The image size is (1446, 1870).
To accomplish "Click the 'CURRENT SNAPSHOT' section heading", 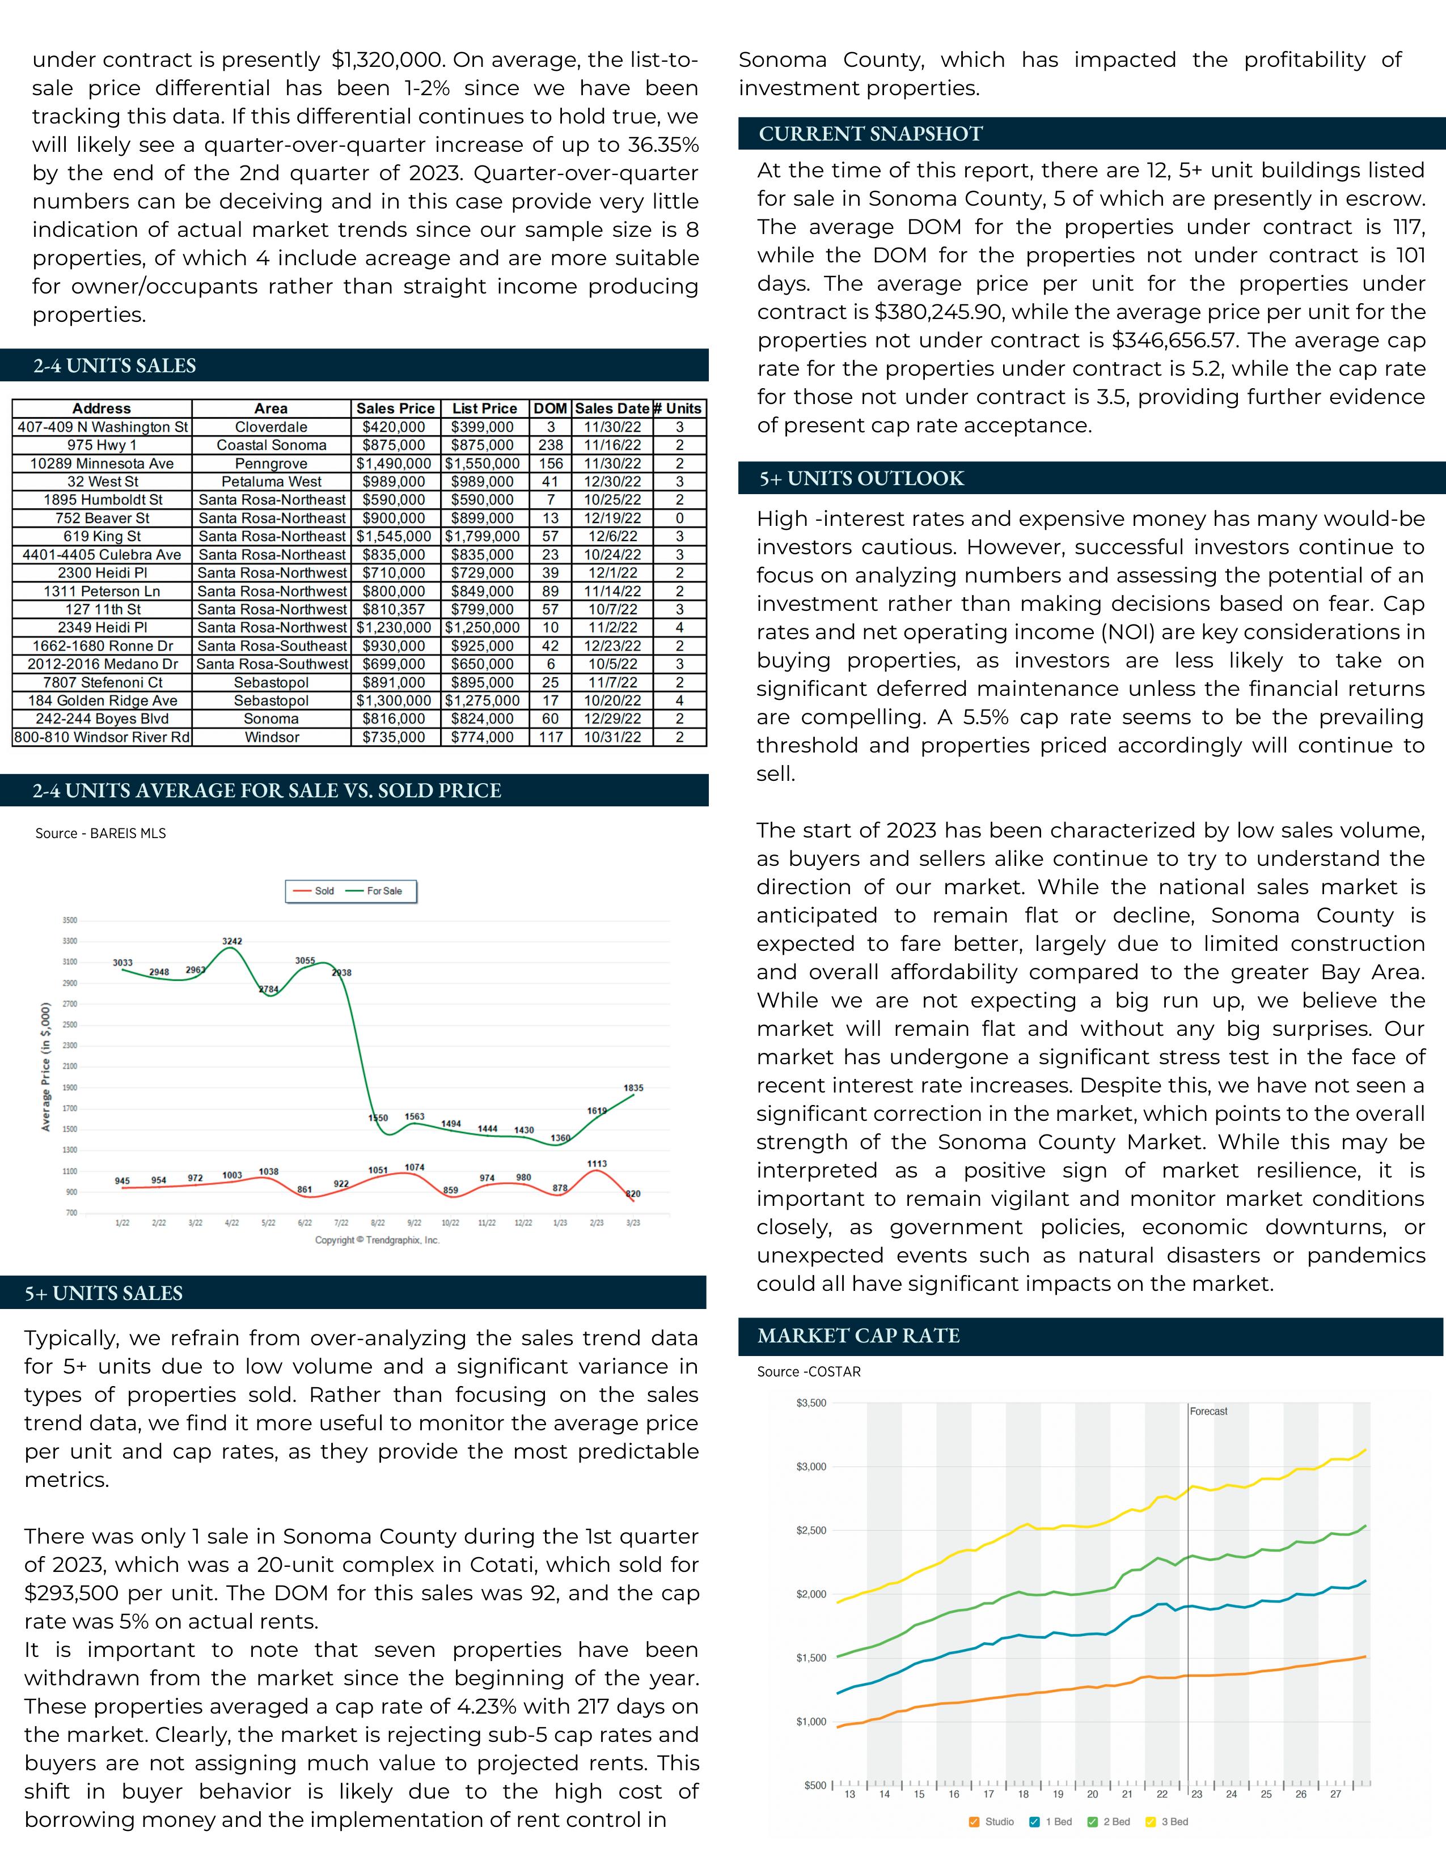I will click(x=870, y=134).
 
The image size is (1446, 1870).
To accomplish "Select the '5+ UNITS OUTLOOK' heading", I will click(x=862, y=479).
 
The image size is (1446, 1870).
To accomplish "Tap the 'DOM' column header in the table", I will click(x=550, y=409).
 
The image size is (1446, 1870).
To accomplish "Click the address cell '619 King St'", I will click(x=102, y=536).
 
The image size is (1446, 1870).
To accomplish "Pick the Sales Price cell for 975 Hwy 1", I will click(x=394, y=445).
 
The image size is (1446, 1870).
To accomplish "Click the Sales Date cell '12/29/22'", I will click(x=612, y=719).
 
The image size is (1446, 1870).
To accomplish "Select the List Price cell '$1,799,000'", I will click(x=483, y=536).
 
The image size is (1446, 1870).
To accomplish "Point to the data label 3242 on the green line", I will click(x=232, y=941).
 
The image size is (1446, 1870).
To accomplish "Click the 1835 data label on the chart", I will click(x=633, y=1088).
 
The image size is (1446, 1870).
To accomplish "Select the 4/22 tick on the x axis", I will click(x=232, y=1223).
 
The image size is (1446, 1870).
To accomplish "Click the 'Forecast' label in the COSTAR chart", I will click(x=1208, y=1411).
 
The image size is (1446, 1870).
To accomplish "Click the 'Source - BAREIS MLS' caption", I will click(x=100, y=833).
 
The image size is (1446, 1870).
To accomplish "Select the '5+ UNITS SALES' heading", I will click(x=104, y=1293).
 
